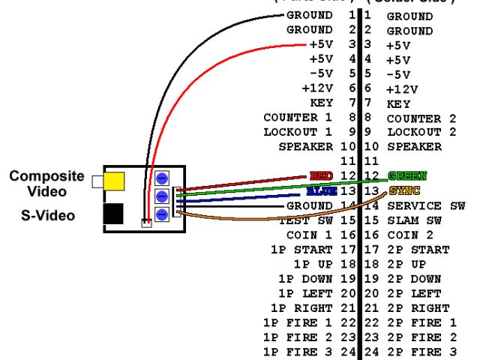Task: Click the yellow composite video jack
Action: click(x=114, y=181)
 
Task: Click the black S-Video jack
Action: click(x=114, y=214)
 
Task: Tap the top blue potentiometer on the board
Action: click(x=160, y=178)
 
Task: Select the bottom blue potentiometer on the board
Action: click(x=160, y=213)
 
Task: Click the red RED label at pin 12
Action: click(x=321, y=175)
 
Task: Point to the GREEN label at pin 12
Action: click(x=406, y=175)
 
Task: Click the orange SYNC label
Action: click(x=403, y=190)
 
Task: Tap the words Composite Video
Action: click(x=46, y=183)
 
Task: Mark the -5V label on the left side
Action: click(x=321, y=74)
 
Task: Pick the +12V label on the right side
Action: click(x=400, y=88)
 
